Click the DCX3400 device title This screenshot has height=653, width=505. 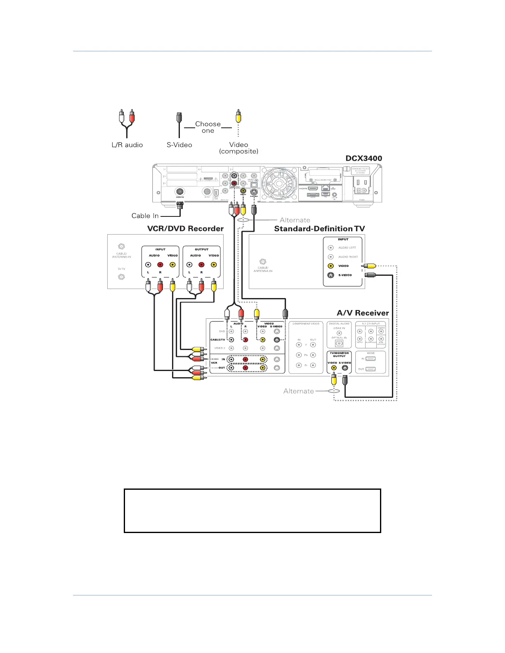click(363, 158)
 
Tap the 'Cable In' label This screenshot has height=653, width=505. click(145, 216)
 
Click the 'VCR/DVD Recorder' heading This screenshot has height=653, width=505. click(185, 229)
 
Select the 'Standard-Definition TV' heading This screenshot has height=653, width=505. click(319, 229)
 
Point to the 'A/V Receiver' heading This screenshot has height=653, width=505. click(363, 313)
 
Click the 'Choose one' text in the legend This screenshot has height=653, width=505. click(208, 127)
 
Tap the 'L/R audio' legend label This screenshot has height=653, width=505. click(127, 145)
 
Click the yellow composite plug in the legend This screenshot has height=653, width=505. click(238, 117)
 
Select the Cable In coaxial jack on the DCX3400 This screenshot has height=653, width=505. click(180, 192)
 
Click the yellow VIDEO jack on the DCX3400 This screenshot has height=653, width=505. click(243, 191)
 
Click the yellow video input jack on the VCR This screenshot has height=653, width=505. click(172, 265)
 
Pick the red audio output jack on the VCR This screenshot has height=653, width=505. click(201, 265)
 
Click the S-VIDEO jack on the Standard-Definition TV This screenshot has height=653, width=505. click(330, 275)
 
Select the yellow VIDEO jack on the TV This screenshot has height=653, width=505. click(330, 266)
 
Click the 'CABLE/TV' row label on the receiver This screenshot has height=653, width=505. click(218, 340)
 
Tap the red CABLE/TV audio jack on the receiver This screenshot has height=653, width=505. click(245, 340)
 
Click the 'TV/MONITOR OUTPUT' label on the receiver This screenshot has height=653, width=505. click(339, 355)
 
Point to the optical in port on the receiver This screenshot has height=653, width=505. click(339, 343)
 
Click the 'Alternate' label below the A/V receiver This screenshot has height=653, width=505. click(299, 391)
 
